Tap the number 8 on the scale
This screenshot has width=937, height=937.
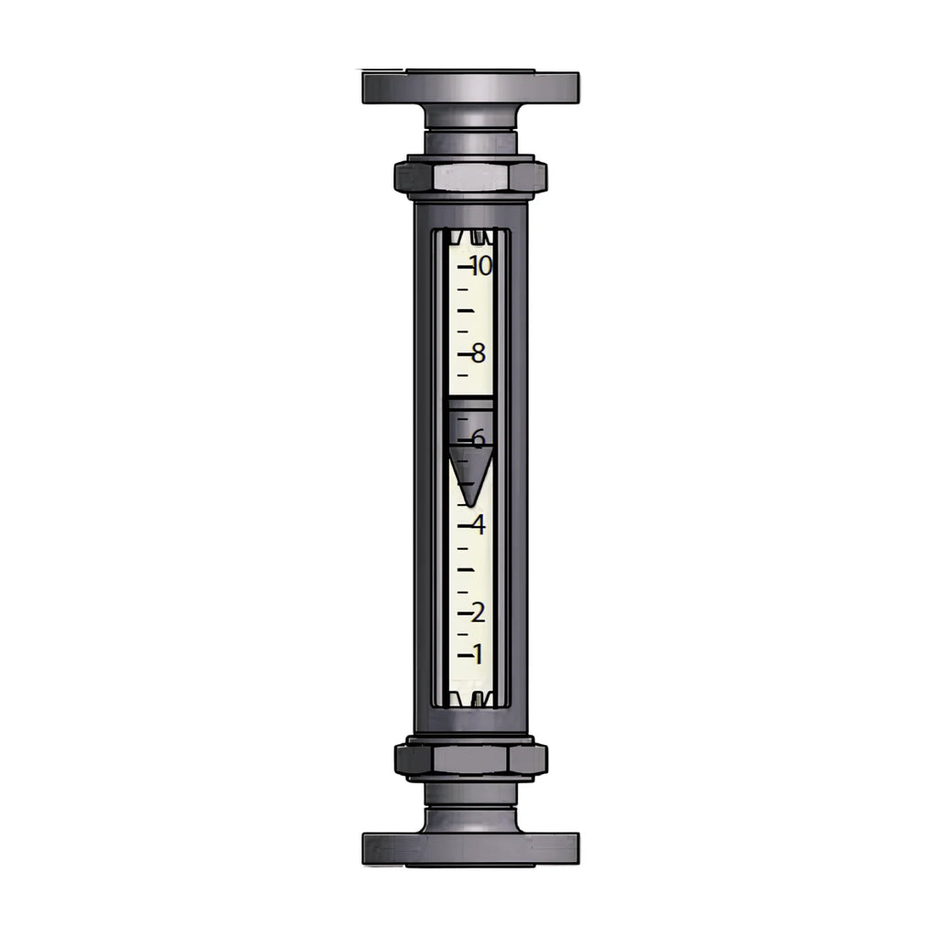[478, 354]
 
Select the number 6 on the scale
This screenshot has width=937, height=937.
[478, 439]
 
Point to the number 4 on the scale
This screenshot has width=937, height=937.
[478, 525]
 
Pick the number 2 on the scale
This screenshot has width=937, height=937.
[478, 612]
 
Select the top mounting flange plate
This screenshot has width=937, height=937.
[471, 87]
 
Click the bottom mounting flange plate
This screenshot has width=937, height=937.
[471, 848]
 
